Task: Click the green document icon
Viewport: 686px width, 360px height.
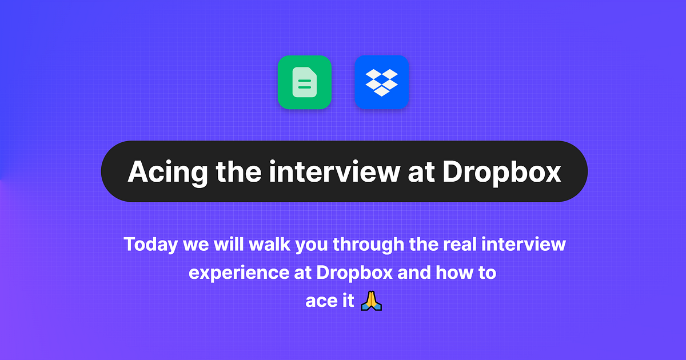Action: [305, 82]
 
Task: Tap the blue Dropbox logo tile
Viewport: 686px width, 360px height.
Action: [381, 82]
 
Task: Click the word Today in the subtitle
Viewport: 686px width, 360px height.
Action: [150, 245]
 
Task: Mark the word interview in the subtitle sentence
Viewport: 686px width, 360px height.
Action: [525, 245]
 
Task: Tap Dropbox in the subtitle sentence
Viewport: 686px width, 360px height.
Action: [354, 273]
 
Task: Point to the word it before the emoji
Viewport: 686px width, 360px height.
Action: [347, 301]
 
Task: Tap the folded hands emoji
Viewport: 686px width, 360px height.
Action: [371, 300]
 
